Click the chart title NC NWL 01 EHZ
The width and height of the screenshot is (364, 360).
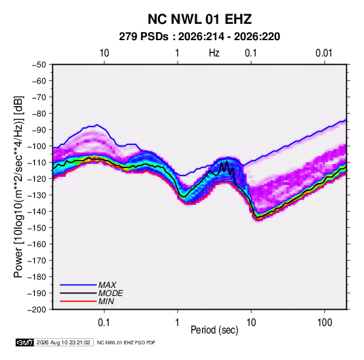coord(199,19)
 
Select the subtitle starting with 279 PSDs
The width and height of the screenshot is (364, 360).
coord(199,37)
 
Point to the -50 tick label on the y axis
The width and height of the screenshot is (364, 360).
coord(39,65)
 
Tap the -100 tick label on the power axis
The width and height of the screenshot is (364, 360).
coord(37,146)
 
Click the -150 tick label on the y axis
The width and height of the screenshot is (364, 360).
coord(37,228)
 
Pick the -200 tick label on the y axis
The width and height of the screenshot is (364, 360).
coord(37,310)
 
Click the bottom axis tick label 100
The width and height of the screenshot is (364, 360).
coord(325,323)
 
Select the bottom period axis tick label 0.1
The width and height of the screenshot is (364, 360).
coord(104,323)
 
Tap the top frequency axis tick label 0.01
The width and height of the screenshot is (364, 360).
coord(324,53)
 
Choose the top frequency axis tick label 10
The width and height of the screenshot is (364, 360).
coord(104,53)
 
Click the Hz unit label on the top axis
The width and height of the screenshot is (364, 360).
coord(214,53)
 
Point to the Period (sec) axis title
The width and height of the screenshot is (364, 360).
coord(214,330)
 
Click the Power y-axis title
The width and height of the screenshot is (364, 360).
coord(18,186)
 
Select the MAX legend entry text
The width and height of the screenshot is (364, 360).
coord(107,285)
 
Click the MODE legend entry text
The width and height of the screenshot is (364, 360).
coord(110,293)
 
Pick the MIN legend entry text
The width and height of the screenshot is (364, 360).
coord(106,301)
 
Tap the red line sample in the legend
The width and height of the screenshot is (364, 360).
coord(78,301)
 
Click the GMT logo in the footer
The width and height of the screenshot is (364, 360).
coord(25,342)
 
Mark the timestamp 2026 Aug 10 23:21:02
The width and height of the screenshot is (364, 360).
coord(63,342)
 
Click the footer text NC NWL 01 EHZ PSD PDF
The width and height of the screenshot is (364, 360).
coord(126,342)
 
